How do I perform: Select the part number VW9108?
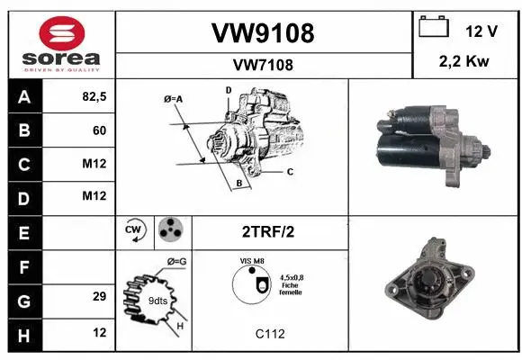[x=262, y=33]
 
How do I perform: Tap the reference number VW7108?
[x=262, y=65]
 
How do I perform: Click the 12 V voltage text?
[x=481, y=31]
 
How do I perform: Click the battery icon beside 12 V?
[x=434, y=27]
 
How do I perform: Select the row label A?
[x=23, y=95]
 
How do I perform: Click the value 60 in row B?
[x=99, y=130]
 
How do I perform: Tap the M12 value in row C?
[x=94, y=163]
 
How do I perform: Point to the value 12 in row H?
[x=99, y=333]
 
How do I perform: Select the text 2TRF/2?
[x=267, y=231]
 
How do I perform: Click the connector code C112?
[x=269, y=334]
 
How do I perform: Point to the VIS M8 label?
[x=252, y=260]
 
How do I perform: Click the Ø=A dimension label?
[x=174, y=98]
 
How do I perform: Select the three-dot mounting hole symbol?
[x=170, y=230]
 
